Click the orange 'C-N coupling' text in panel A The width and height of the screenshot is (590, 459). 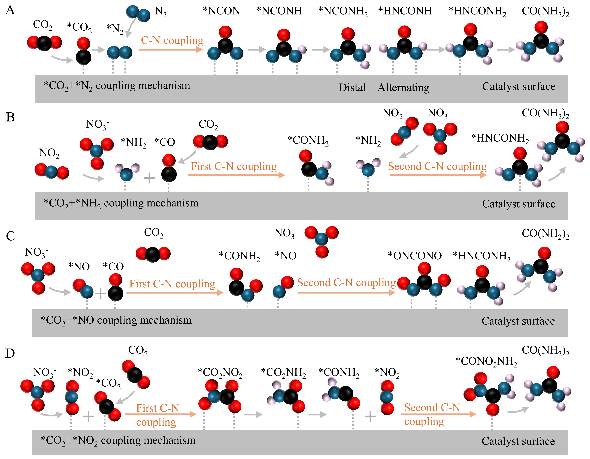click(172, 41)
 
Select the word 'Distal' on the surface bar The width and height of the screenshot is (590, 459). click(352, 87)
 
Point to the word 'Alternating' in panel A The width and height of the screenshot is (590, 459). click(403, 87)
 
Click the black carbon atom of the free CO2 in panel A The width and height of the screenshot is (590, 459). click(44, 43)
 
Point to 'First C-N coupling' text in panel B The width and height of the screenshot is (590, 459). click(234, 166)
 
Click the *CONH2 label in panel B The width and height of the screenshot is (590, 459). click(308, 141)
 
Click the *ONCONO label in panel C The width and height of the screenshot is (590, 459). click(415, 256)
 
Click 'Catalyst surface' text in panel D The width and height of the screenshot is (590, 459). click(518, 441)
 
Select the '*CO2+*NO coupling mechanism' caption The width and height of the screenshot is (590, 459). click(116, 320)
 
